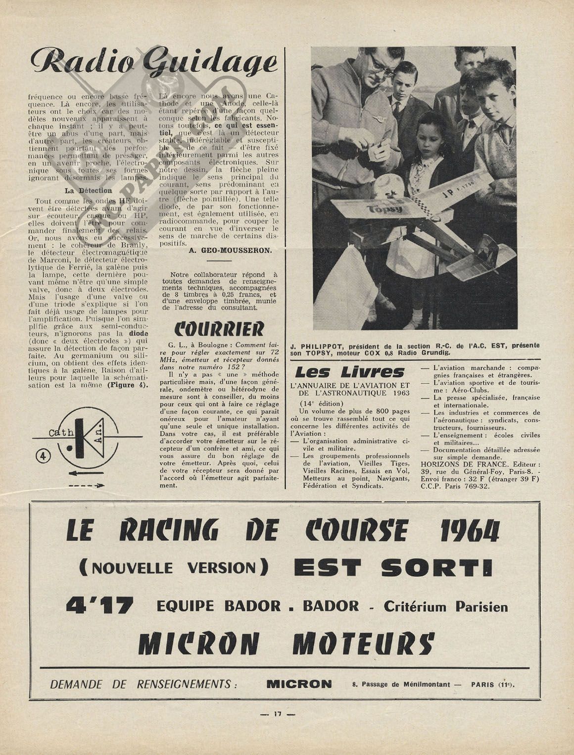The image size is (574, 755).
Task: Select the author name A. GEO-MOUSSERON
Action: coord(231,251)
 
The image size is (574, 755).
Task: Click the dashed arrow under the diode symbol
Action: coord(87,486)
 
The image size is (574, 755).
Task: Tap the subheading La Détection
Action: coord(89,191)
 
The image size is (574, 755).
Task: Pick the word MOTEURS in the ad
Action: coord(363,643)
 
